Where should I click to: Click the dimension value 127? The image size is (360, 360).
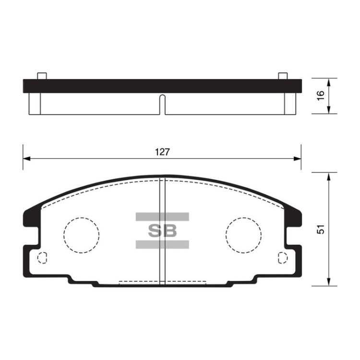(x=162, y=152)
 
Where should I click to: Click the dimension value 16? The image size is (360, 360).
(x=321, y=96)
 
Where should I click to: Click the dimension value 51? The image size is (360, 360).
(x=321, y=229)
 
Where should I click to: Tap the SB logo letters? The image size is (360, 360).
(x=163, y=230)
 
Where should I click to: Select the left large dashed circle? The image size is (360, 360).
(x=64, y=235)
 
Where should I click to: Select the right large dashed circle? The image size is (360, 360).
(x=226, y=235)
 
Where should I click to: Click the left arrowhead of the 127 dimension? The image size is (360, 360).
(x=26, y=159)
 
